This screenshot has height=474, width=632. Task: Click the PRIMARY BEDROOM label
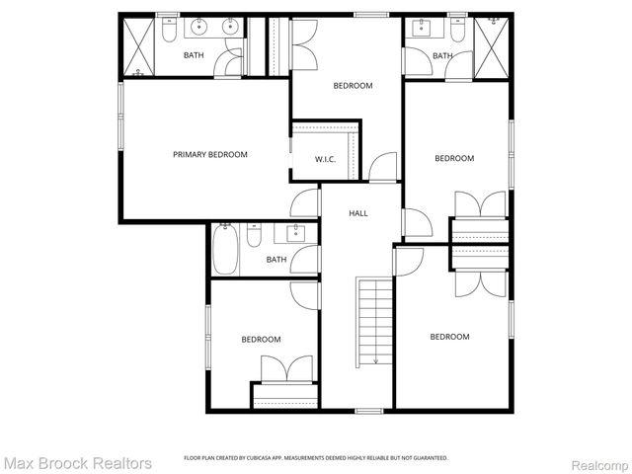coord(209,154)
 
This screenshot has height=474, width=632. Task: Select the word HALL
coord(358,213)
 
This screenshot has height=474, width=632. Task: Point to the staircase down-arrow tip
coord(376,362)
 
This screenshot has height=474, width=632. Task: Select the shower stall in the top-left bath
coord(139,46)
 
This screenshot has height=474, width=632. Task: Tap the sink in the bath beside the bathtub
coord(294,234)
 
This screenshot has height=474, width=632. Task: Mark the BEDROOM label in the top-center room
coord(353,86)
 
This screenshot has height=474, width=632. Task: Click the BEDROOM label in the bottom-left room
coord(261,340)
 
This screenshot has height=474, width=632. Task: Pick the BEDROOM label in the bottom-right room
coord(449,337)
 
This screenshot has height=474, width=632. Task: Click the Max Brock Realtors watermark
coord(77,462)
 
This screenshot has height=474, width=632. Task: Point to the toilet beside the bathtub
coord(254,237)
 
